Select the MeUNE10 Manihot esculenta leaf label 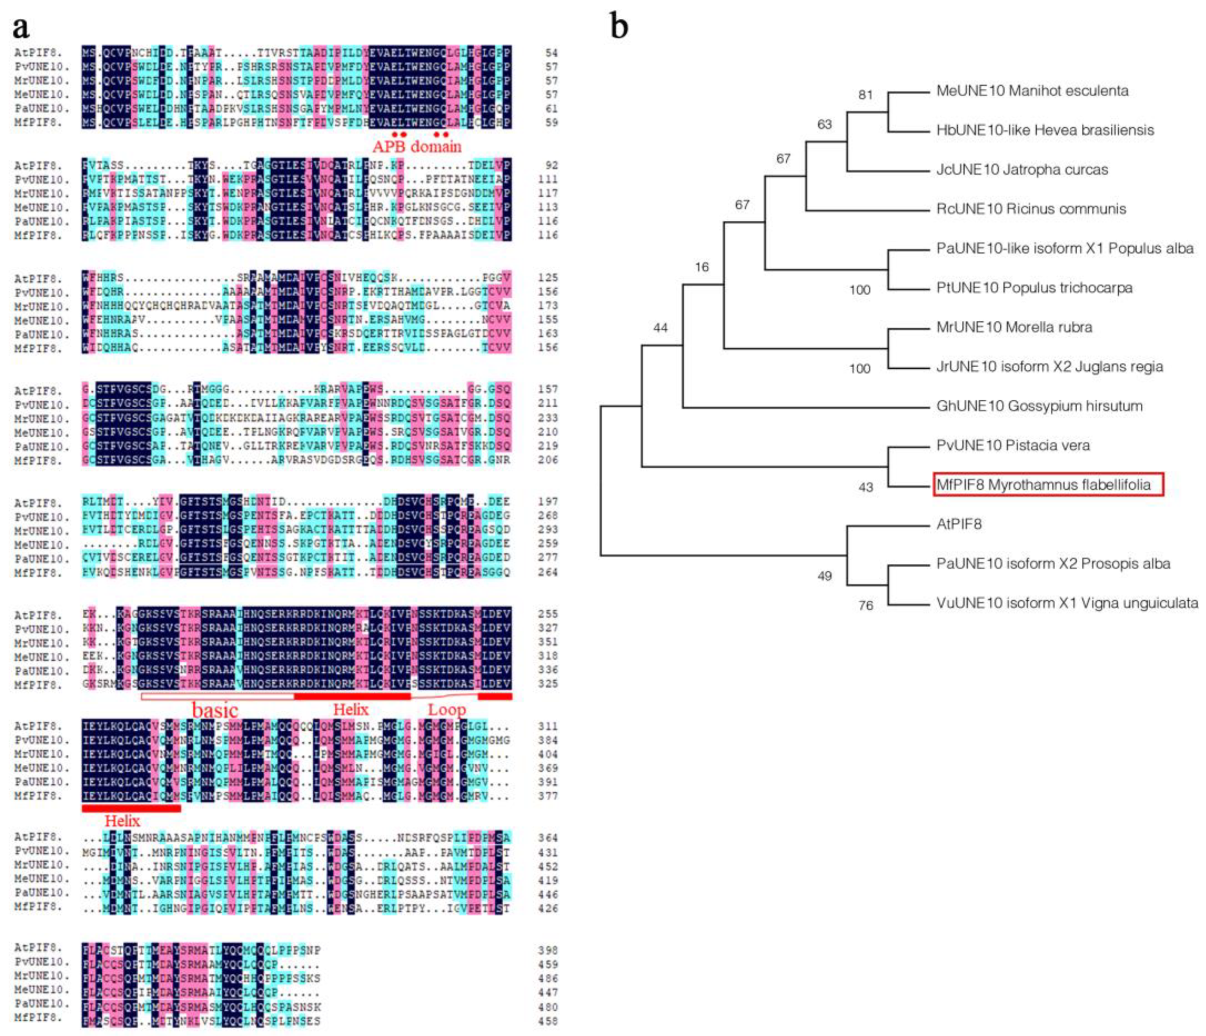1032,91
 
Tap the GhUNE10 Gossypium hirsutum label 1039,406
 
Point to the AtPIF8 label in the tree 958,524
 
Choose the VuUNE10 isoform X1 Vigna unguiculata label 1067,603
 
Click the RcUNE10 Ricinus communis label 1031,209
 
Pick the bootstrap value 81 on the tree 866,95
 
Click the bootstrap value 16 701,267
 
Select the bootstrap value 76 866,606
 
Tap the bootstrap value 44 660,328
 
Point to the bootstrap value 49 824,576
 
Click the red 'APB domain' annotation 417,146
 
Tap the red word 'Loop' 446,710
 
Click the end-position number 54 550,53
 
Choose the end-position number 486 548,978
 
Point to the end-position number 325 548,684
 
